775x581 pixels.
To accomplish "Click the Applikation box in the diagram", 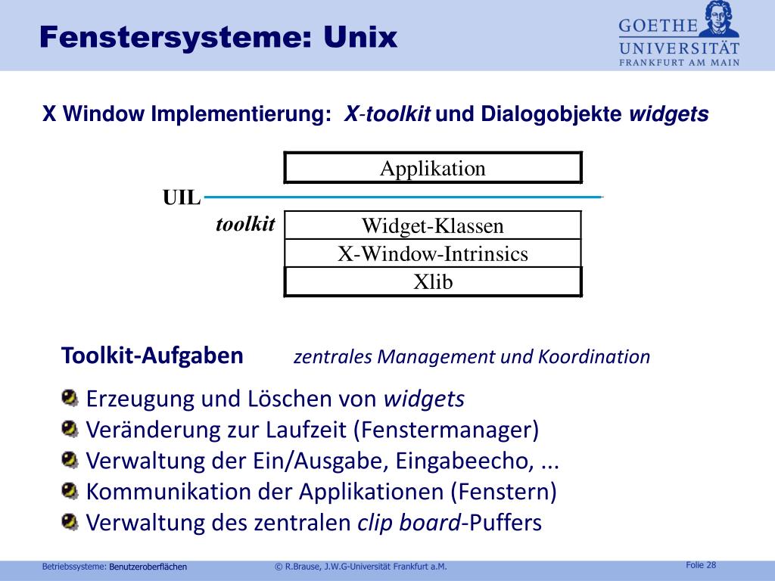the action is tap(433, 168).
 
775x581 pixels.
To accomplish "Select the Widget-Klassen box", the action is tap(433, 225).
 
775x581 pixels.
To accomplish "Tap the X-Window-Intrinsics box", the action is tap(433, 253).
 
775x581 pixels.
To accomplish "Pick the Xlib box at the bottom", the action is tap(433, 281).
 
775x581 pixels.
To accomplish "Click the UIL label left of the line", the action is tap(182, 198).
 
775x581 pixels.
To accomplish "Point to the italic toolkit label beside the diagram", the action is tap(245, 224).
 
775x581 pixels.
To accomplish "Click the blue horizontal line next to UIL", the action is tap(401, 197).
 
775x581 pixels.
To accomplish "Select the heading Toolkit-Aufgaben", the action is tap(152, 355).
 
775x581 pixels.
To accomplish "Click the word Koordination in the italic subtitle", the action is tap(594, 357).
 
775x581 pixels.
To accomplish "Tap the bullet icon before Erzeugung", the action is tap(70, 397).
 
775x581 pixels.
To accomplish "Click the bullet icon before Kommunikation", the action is tap(70, 491).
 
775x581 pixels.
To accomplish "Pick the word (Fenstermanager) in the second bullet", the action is tap(446, 430).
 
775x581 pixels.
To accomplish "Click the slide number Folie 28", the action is tap(701, 565).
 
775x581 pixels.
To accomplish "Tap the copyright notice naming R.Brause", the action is tap(361, 567).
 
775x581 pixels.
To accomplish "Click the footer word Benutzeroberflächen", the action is tap(148, 567).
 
